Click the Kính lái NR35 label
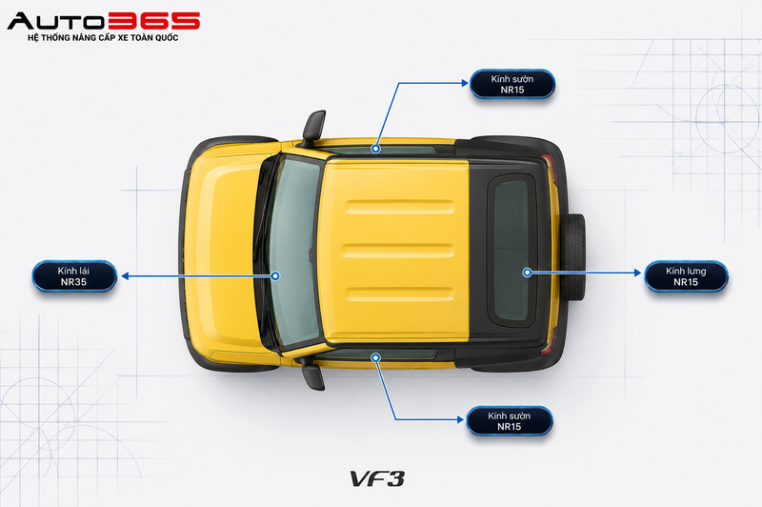(x=74, y=276)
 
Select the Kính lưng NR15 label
(x=686, y=276)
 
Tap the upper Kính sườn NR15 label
(x=512, y=84)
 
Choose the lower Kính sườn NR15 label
(x=510, y=421)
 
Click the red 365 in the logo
(x=153, y=21)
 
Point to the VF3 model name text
(x=377, y=478)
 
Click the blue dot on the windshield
(x=275, y=276)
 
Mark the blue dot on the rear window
(x=527, y=273)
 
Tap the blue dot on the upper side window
(x=375, y=149)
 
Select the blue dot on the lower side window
(x=375, y=357)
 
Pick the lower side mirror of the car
(x=313, y=375)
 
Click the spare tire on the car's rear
(x=574, y=256)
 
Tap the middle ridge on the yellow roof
(x=397, y=251)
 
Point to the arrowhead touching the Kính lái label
(x=125, y=276)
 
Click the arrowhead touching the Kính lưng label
(x=638, y=273)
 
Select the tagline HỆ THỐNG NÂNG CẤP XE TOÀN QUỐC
(x=103, y=38)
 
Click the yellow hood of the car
(x=224, y=253)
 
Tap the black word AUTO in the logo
(x=56, y=21)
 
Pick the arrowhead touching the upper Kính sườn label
(x=465, y=83)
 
